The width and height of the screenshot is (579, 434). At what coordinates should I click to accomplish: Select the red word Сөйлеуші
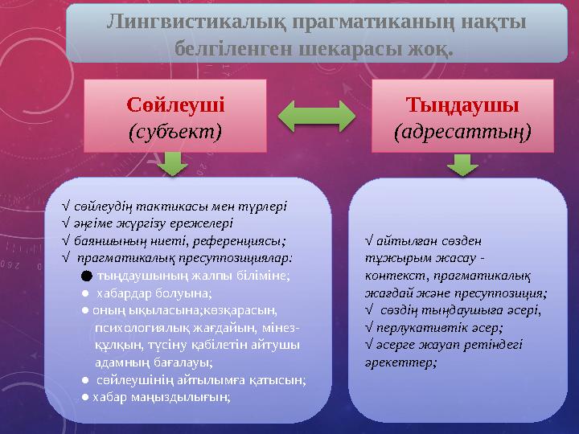pos(176,104)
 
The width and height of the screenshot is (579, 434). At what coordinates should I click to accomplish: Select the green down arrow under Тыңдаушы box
pos(461,164)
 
